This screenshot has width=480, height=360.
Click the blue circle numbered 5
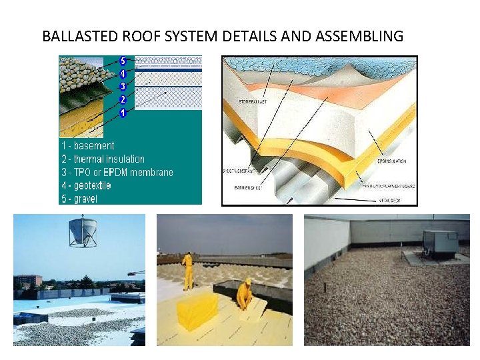tap(123, 61)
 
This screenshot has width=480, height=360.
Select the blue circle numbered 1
tap(123, 113)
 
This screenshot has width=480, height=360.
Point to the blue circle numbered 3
tap(123, 87)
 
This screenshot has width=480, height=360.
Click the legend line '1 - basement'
tap(87, 145)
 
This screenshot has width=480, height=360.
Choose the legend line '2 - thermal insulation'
tap(103, 159)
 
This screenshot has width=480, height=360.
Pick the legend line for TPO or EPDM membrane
tap(117, 172)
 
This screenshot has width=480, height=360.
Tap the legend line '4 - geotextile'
tap(86, 185)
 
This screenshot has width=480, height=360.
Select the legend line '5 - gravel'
tap(79, 199)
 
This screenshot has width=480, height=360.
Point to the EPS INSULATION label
tap(391, 161)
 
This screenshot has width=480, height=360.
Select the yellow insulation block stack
tap(197, 311)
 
